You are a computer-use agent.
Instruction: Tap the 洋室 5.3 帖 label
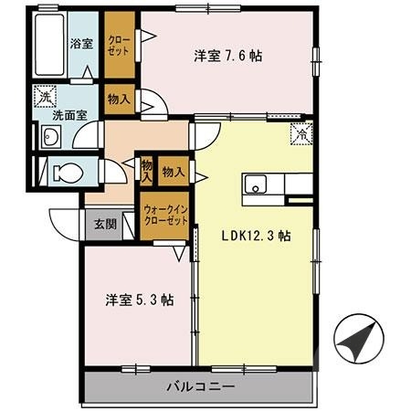(140, 300)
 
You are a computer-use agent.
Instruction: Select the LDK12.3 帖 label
(256, 235)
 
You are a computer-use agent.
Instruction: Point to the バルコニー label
(200, 385)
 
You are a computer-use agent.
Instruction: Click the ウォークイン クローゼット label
(164, 216)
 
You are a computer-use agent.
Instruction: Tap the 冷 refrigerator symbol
(299, 133)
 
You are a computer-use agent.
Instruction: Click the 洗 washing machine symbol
(46, 94)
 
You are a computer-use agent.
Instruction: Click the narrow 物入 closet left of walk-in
(146, 170)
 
